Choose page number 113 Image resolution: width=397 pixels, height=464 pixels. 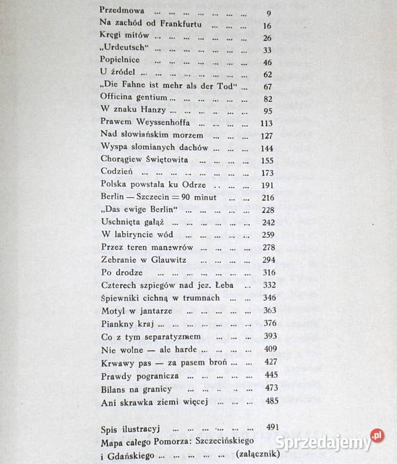pos(266,123)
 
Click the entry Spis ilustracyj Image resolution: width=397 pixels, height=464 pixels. pos(130,428)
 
